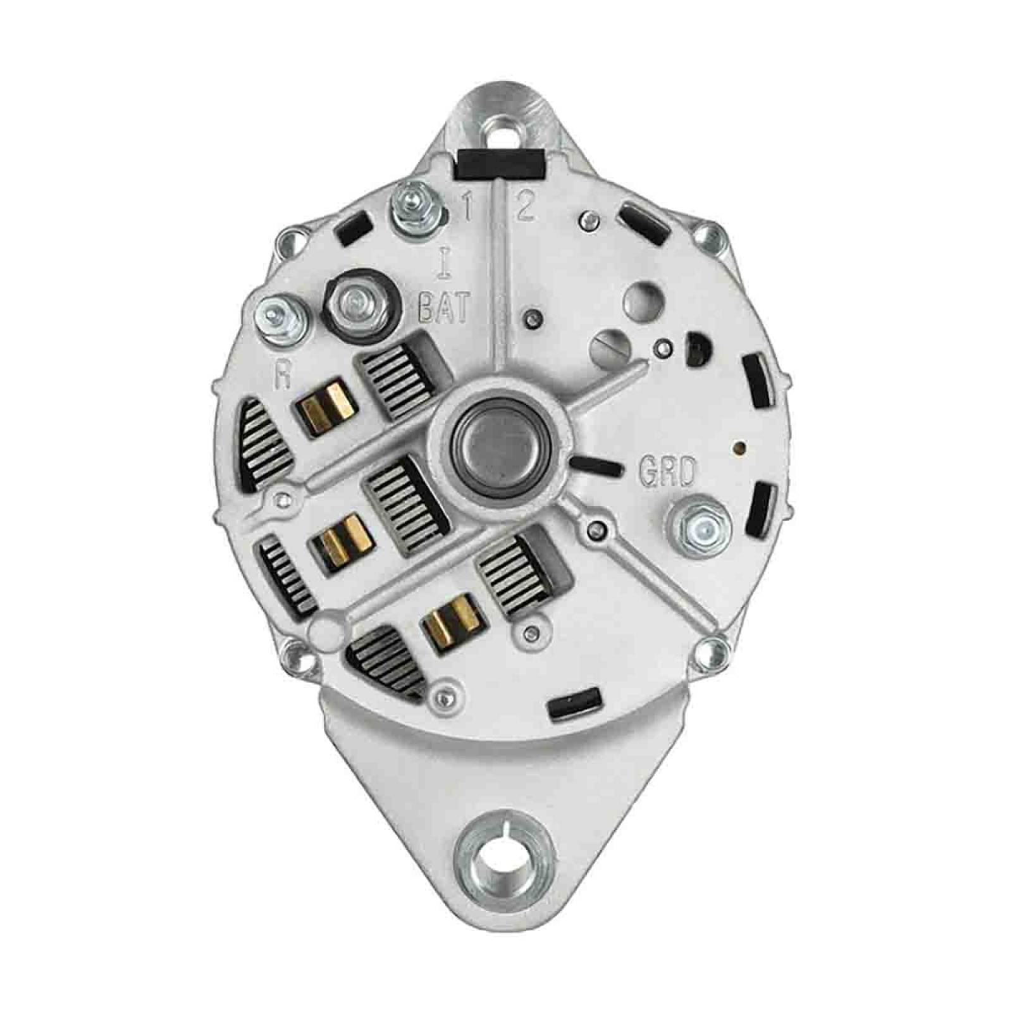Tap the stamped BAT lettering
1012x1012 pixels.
coord(445,308)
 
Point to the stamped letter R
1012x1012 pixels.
coord(282,375)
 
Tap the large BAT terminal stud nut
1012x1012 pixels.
coord(359,306)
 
